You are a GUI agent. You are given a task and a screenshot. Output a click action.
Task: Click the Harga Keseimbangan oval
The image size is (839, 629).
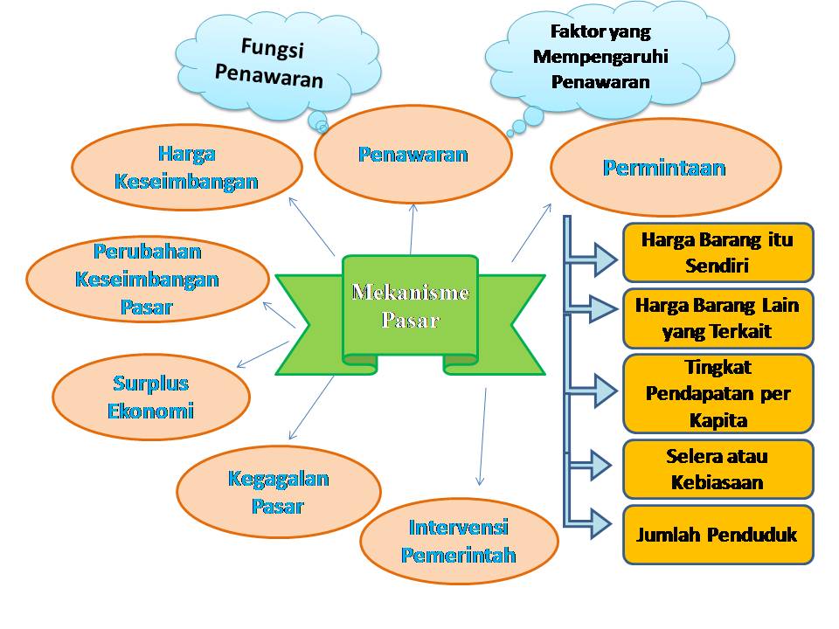(x=186, y=168)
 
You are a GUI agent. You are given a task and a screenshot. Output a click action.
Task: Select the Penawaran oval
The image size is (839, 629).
(x=413, y=155)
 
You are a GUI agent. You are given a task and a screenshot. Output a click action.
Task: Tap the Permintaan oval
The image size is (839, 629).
(x=664, y=168)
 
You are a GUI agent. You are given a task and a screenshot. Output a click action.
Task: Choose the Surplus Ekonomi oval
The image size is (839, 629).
(x=150, y=397)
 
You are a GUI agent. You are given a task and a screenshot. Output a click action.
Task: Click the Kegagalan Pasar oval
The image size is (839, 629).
(x=278, y=492)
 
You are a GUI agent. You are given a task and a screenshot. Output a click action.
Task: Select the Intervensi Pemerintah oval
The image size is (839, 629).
(x=458, y=542)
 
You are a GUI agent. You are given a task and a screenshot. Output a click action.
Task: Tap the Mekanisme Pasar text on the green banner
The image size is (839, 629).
(x=410, y=306)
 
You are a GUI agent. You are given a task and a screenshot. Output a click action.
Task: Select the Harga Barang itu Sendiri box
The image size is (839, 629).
(x=717, y=252)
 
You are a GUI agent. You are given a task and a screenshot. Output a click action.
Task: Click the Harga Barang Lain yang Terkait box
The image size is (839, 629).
(x=717, y=318)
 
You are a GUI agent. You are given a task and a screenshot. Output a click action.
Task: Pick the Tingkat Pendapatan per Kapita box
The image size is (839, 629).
(x=717, y=393)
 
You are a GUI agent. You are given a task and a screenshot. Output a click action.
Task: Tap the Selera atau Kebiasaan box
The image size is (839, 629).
(x=717, y=469)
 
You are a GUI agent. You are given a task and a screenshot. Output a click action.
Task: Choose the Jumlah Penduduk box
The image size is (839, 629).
(x=717, y=535)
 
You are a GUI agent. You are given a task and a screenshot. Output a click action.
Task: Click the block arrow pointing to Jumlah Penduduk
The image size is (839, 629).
(x=597, y=522)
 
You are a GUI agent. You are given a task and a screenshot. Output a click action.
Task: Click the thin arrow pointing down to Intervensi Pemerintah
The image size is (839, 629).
(x=482, y=437)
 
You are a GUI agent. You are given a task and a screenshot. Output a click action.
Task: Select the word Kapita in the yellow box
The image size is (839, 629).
(x=718, y=420)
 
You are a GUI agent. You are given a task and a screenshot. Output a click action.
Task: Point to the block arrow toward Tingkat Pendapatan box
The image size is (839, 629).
(x=597, y=390)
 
